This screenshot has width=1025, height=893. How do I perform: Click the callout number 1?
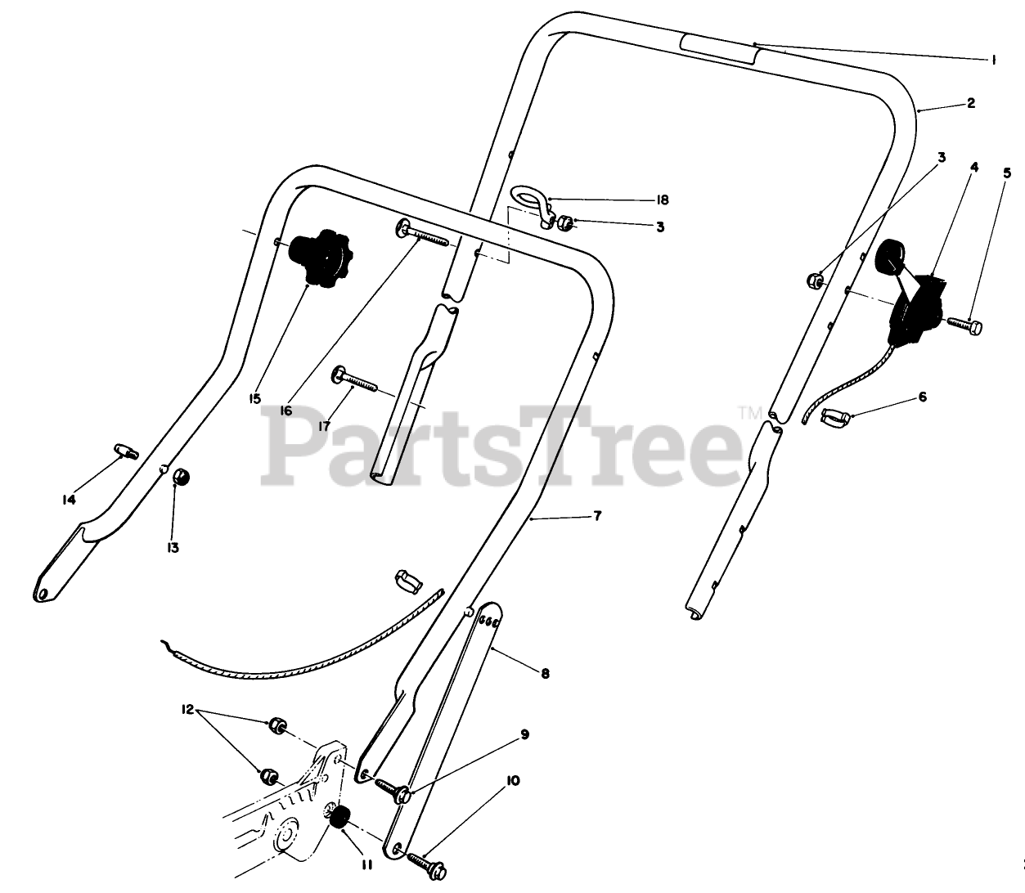tap(993, 60)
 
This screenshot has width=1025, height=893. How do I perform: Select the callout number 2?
tap(970, 104)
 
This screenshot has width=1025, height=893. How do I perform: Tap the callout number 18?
tap(663, 200)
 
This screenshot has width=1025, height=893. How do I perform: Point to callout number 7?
tap(597, 516)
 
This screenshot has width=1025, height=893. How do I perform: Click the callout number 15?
tap(255, 398)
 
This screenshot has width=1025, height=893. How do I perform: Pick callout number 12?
tap(187, 710)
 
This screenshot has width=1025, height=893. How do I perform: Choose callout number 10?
tap(513, 781)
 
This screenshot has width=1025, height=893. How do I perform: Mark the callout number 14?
tap(69, 500)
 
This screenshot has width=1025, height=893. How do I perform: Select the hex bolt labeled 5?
tap(966, 325)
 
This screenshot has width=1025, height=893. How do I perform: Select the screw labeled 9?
tap(394, 791)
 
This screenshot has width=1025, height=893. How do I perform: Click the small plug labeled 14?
tap(125, 450)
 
